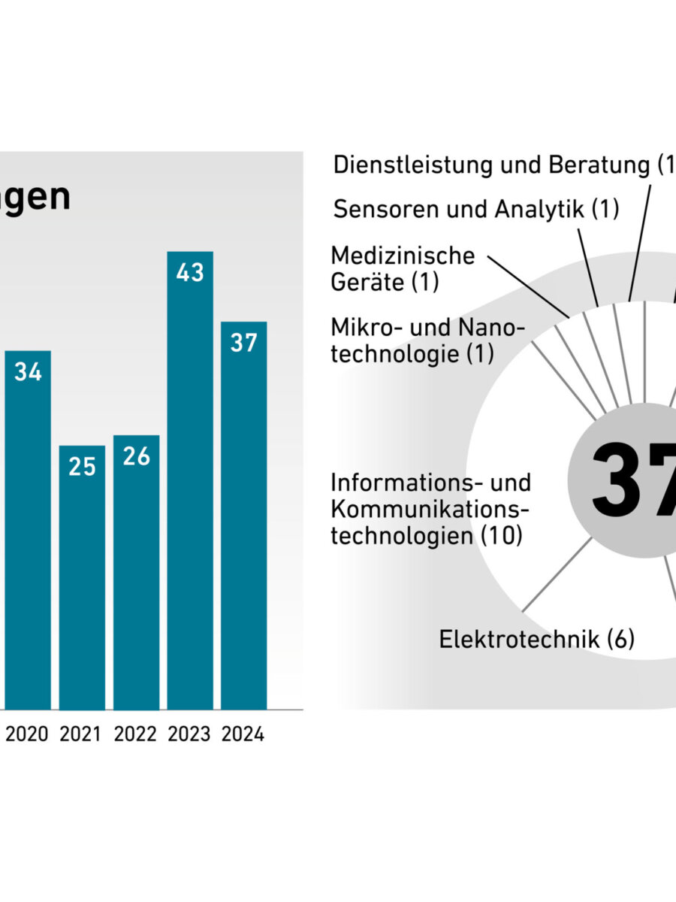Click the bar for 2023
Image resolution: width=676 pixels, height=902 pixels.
[x=189, y=481]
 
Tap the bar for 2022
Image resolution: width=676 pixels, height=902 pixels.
[x=136, y=572]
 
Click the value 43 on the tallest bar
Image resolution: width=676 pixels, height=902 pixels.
[x=189, y=272]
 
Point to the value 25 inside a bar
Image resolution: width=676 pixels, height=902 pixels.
[x=82, y=467]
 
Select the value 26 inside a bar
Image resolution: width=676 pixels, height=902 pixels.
[x=136, y=456]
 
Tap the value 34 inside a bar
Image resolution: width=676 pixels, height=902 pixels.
[x=28, y=372]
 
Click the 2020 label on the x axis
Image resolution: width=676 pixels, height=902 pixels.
[x=28, y=734]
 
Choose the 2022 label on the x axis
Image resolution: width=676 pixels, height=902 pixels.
[x=136, y=734]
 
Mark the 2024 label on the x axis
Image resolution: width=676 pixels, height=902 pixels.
[x=243, y=734]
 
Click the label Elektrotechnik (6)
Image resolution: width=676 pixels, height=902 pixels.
[x=536, y=640]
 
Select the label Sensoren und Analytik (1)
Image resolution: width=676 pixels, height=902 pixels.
[x=476, y=209]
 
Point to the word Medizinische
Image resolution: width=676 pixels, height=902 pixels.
[x=403, y=256]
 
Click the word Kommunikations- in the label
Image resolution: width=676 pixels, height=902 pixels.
[x=430, y=509]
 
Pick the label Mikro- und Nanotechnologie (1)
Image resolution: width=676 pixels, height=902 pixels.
[x=427, y=341]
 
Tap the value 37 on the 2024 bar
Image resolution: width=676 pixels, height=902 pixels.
[x=243, y=343]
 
